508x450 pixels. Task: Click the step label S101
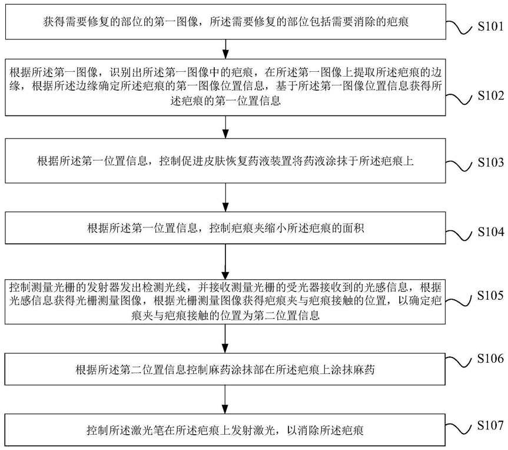point(490,27)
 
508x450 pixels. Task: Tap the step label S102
point(490,95)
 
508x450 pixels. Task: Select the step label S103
point(490,163)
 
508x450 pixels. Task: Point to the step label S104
point(490,232)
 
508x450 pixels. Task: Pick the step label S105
point(490,295)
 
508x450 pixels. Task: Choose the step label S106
point(490,359)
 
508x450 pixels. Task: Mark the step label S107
point(490,425)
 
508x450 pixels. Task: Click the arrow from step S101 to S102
point(226,49)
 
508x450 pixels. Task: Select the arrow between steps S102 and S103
point(226,127)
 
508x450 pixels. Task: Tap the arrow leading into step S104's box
point(226,197)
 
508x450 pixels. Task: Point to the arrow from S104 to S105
point(226,262)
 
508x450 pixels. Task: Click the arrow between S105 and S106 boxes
point(226,339)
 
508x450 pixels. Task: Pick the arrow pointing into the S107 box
point(226,399)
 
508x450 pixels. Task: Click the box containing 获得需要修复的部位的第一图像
point(225,22)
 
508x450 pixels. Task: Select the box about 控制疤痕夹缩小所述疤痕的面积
point(225,228)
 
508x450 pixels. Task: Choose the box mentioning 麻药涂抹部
point(225,369)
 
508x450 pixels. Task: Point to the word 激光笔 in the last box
point(147,430)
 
